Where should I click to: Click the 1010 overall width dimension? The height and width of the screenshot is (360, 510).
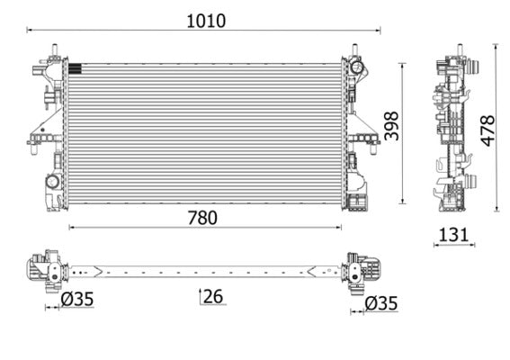206,20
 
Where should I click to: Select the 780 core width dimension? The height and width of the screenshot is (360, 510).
203,217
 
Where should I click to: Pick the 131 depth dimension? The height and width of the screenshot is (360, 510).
453,235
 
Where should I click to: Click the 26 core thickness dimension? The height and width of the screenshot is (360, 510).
213,295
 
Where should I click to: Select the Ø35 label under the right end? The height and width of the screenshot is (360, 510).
380,303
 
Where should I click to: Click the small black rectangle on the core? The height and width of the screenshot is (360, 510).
75,67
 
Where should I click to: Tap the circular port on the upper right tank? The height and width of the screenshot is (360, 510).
357,67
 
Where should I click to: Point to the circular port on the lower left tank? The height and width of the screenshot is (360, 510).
52,182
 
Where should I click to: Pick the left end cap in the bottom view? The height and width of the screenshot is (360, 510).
43,268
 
